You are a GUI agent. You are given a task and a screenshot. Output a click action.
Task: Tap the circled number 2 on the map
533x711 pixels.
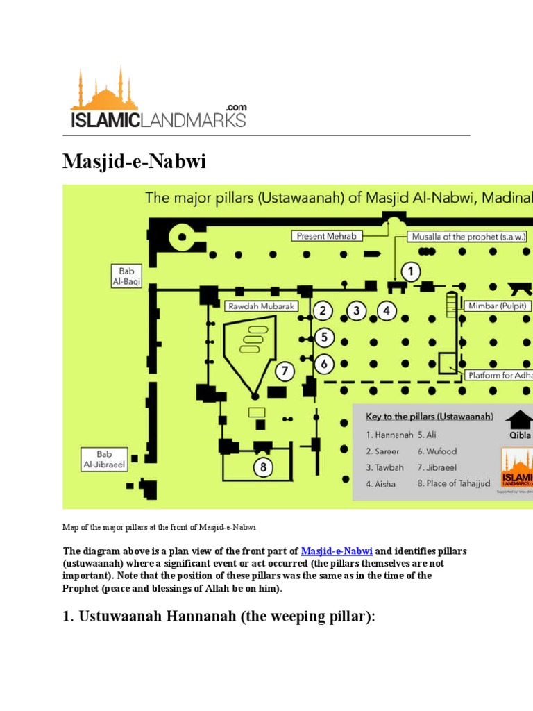point(322,310)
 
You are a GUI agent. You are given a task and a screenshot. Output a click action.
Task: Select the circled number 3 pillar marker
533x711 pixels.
point(357,310)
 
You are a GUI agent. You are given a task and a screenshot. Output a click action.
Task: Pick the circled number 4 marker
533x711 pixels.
point(387,310)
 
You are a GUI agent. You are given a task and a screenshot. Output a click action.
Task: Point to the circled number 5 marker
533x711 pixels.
point(323,337)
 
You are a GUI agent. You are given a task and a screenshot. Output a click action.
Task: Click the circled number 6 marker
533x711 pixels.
point(323,362)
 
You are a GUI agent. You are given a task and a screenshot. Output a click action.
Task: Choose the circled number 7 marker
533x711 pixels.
point(284,371)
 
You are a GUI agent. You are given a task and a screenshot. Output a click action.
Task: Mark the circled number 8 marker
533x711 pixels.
point(263,467)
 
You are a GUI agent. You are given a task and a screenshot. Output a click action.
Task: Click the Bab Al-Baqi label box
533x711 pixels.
point(126,276)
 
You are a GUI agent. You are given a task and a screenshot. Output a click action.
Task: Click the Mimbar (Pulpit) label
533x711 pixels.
point(498,306)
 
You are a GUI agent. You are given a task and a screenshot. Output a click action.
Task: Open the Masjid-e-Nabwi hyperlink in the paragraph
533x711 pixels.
point(337,551)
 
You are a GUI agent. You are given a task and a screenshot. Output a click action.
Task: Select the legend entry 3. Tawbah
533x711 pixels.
point(381,467)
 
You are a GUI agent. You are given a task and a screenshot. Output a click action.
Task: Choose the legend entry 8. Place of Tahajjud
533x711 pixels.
point(454,483)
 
